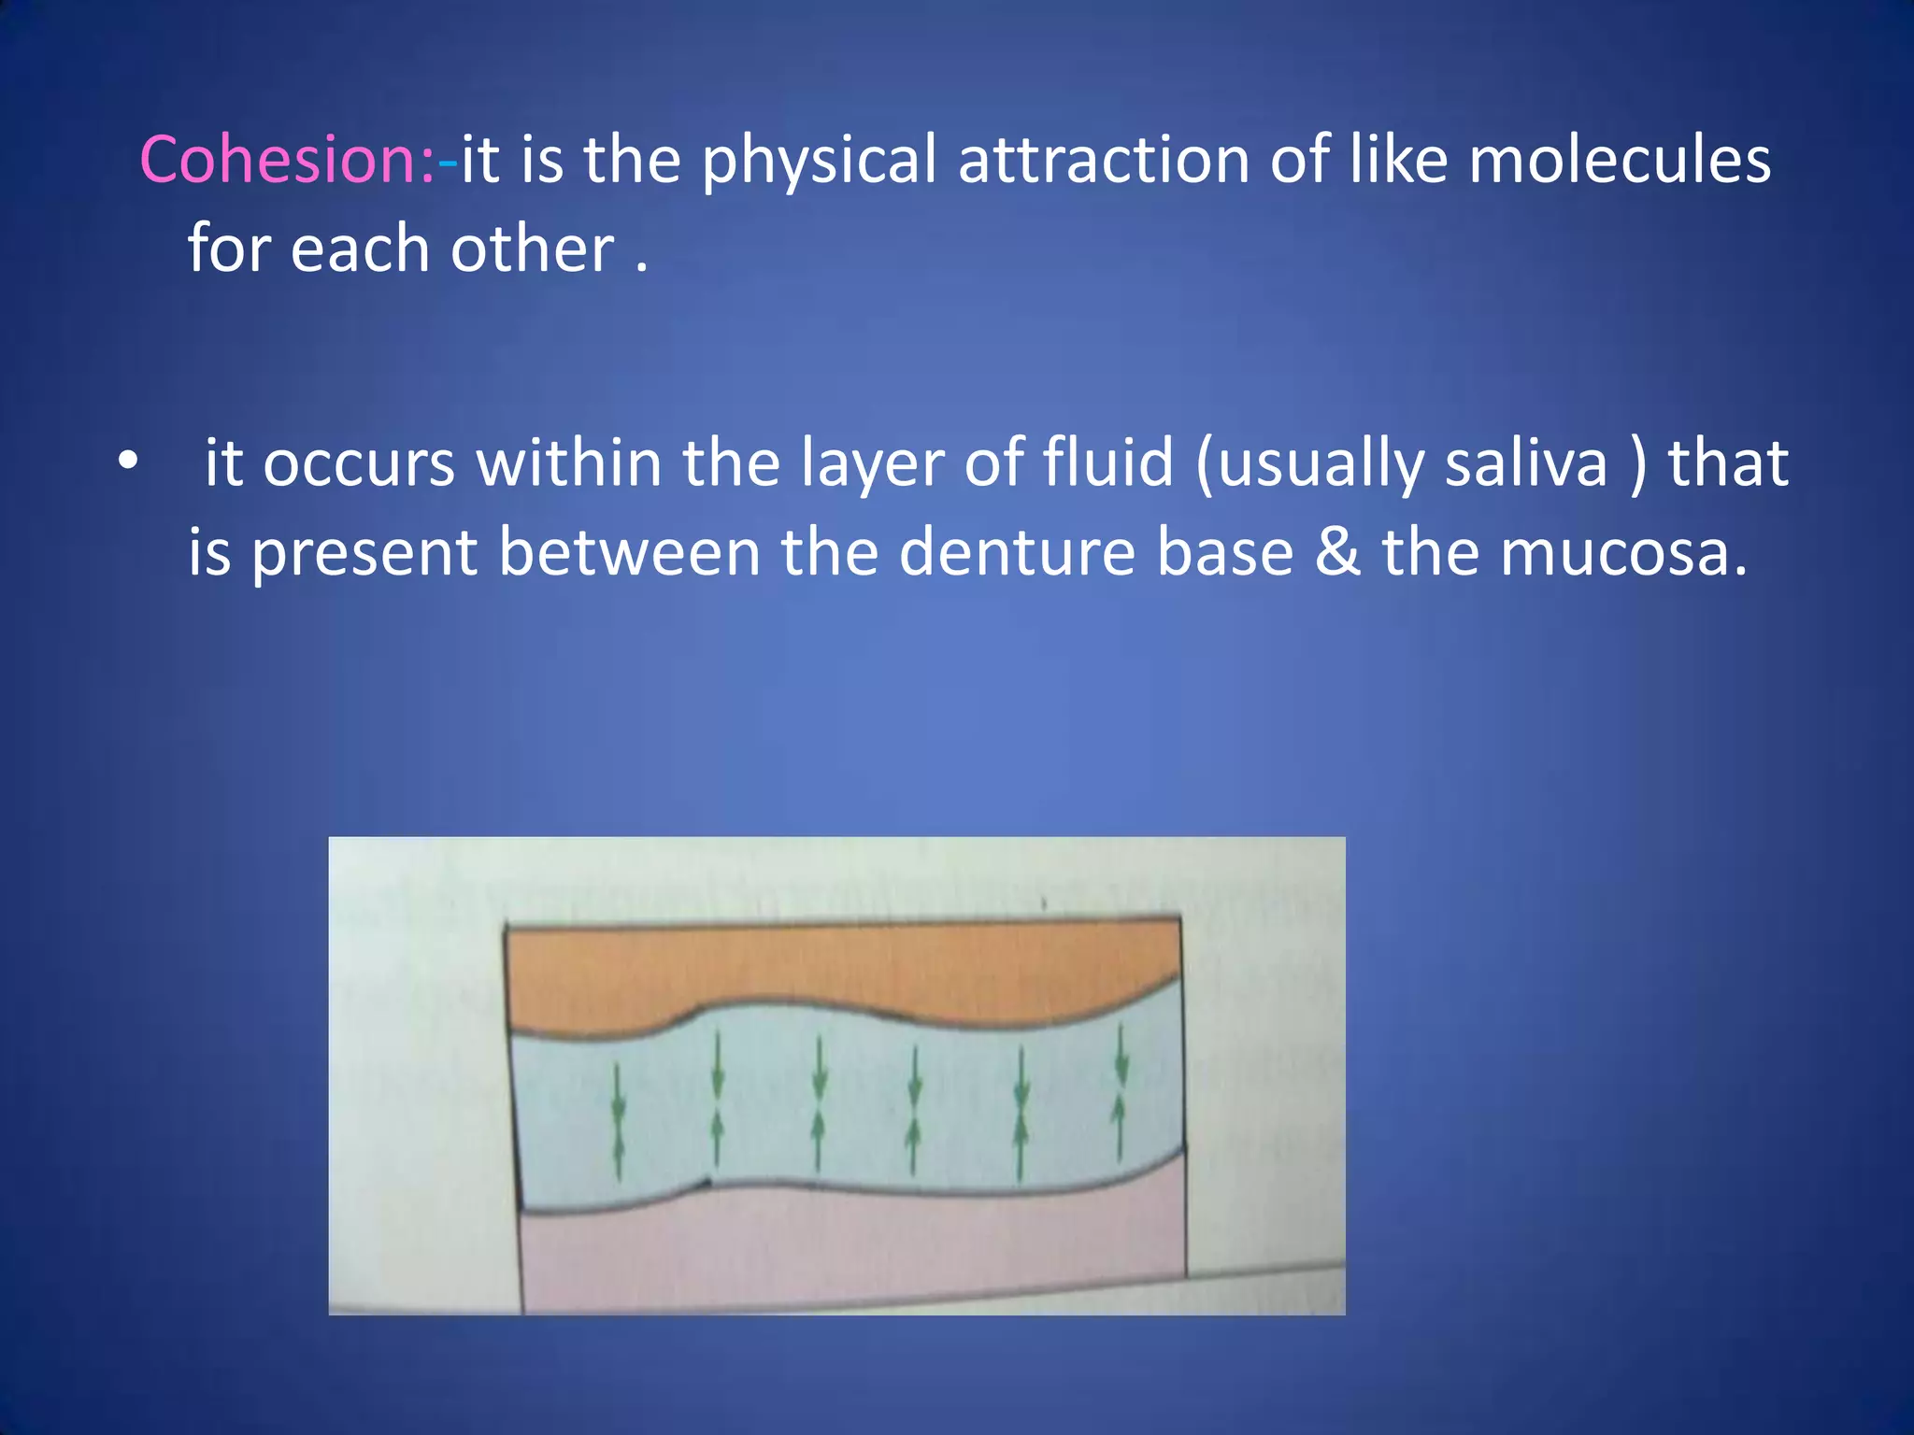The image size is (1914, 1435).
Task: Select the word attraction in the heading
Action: (1103, 160)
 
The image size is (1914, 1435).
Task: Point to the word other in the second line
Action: (532, 249)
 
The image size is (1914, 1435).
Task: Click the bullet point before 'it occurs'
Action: (128, 461)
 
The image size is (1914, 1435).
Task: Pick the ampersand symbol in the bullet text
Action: (1337, 553)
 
